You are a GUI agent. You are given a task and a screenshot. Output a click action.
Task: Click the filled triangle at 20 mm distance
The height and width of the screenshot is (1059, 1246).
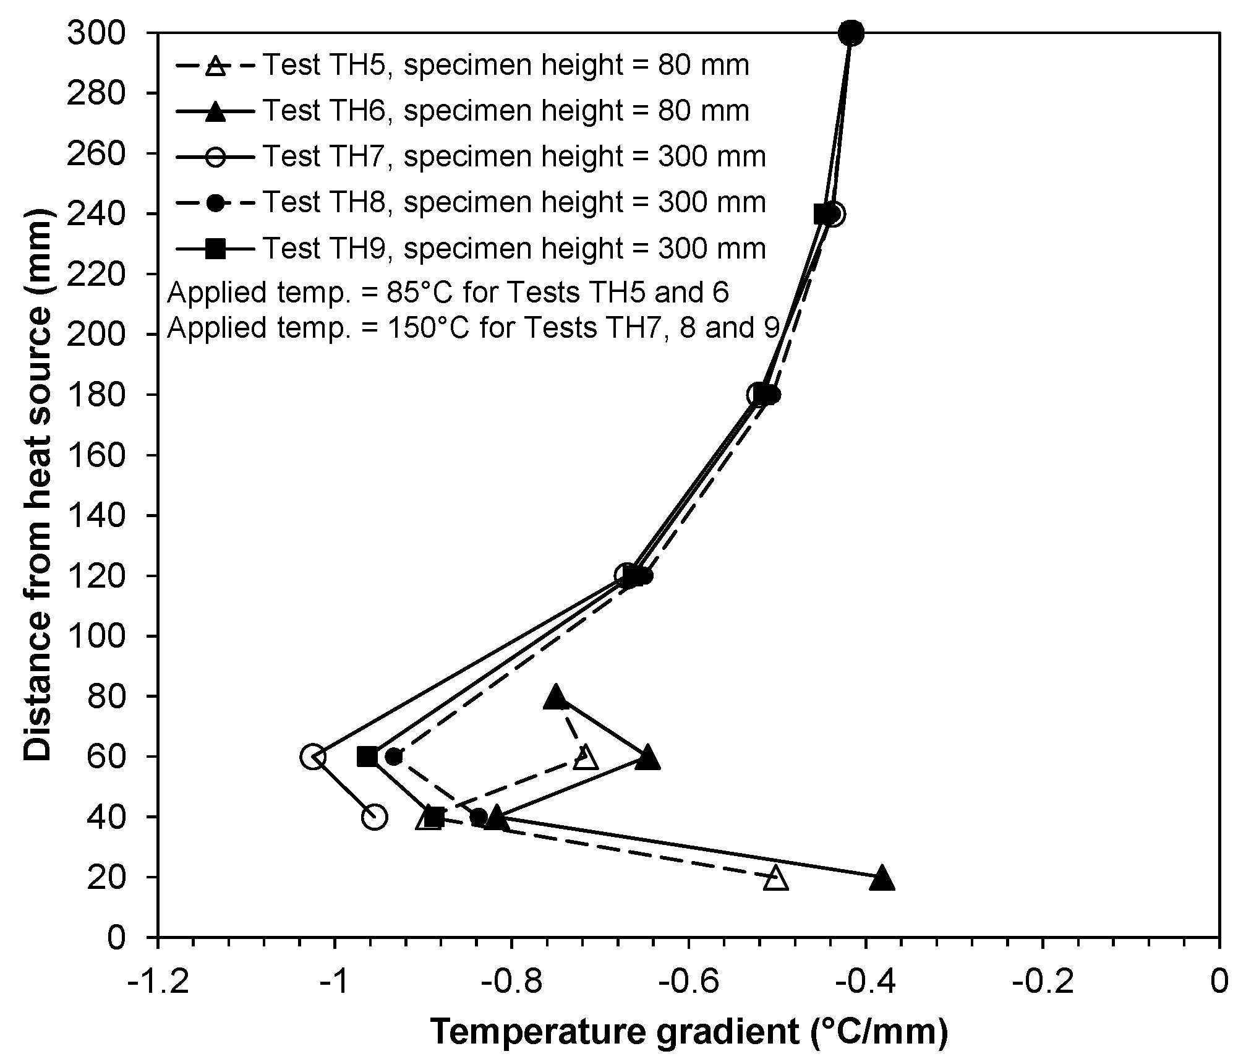[882, 879]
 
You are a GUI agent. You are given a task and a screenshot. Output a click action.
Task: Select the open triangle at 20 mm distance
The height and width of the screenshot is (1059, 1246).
[776, 879]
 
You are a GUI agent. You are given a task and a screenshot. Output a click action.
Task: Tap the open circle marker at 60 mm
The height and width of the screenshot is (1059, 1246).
[313, 757]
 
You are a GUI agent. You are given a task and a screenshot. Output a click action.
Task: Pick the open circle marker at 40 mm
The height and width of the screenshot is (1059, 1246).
[375, 817]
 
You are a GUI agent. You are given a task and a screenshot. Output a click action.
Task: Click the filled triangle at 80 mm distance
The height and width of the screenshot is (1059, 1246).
[556, 697]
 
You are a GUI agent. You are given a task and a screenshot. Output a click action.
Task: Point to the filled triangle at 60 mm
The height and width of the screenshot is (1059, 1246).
[647, 758]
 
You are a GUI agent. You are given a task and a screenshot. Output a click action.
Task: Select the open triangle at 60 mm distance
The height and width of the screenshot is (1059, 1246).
[586, 758]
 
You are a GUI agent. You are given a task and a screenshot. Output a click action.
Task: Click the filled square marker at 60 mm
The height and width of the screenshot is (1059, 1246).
[367, 757]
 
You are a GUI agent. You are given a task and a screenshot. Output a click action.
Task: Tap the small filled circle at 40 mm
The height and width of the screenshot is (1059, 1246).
[479, 817]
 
